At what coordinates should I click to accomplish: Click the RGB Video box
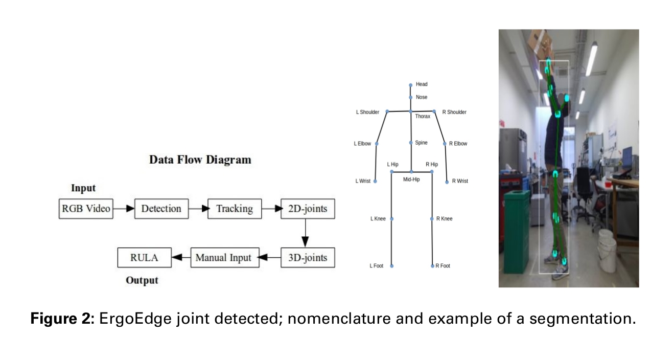[x=86, y=209]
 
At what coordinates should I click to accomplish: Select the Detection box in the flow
[x=161, y=209]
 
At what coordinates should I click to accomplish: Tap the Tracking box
[x=234, y=209]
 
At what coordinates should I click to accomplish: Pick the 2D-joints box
[x=307, y=209]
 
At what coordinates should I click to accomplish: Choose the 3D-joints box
[x=307, y=257]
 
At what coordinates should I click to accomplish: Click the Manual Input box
[x=223, y=257]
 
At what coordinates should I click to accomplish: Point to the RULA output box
[x=144, y=257]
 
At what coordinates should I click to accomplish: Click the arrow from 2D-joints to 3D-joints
[x=305, y=233]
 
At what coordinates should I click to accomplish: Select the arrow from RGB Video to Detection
[x=123, y=209]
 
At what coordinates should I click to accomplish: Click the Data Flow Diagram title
[x=200, y=160]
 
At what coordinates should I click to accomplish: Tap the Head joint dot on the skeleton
[x=410, y=85]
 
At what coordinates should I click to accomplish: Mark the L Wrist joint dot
[x=375, y=182]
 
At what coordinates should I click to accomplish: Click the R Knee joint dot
[x=432, y=219]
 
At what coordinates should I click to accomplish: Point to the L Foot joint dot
[x=391, y=266]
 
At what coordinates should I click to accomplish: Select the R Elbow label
[x=458, y=144]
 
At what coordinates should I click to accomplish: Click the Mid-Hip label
[x=411, y=179]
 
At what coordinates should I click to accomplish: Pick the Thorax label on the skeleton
[x=422, y=117]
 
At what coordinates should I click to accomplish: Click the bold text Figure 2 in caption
[x=62, y=319]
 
